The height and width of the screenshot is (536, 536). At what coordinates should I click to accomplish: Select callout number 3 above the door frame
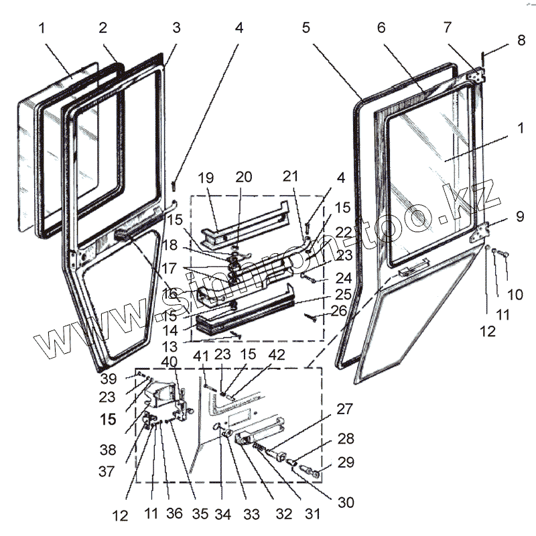pos(176,28)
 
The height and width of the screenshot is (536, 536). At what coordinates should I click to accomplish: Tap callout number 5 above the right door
pos(306,28)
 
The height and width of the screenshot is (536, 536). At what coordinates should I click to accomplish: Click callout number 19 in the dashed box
pos(206,178)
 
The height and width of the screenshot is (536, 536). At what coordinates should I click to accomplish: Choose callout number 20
pos(244,178)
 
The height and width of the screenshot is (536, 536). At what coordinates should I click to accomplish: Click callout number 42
pos(276,356)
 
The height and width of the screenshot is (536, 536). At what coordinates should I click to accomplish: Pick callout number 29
pos(346,462)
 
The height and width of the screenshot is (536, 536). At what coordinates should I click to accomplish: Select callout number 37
pos(107,472)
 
